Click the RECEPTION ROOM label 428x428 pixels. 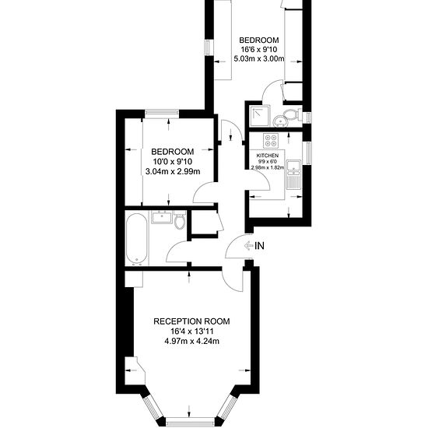191,321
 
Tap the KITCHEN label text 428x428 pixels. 268,156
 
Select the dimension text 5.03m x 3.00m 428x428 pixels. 259,58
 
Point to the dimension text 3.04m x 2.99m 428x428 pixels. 173,172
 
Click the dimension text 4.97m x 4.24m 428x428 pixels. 191,341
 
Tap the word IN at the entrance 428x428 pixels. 259,246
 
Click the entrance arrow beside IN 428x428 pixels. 249,246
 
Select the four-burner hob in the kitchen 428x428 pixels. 271,141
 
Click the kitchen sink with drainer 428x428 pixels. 293,174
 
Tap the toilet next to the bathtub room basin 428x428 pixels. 180,219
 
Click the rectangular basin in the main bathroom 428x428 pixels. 162,217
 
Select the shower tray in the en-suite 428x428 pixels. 260,116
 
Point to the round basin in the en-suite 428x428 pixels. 280,121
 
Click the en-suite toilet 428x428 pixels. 293,114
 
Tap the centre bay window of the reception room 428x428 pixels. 191,423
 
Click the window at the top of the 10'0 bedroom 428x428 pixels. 162,113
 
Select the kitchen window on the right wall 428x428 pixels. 309,153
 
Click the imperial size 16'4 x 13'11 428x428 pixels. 191,332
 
